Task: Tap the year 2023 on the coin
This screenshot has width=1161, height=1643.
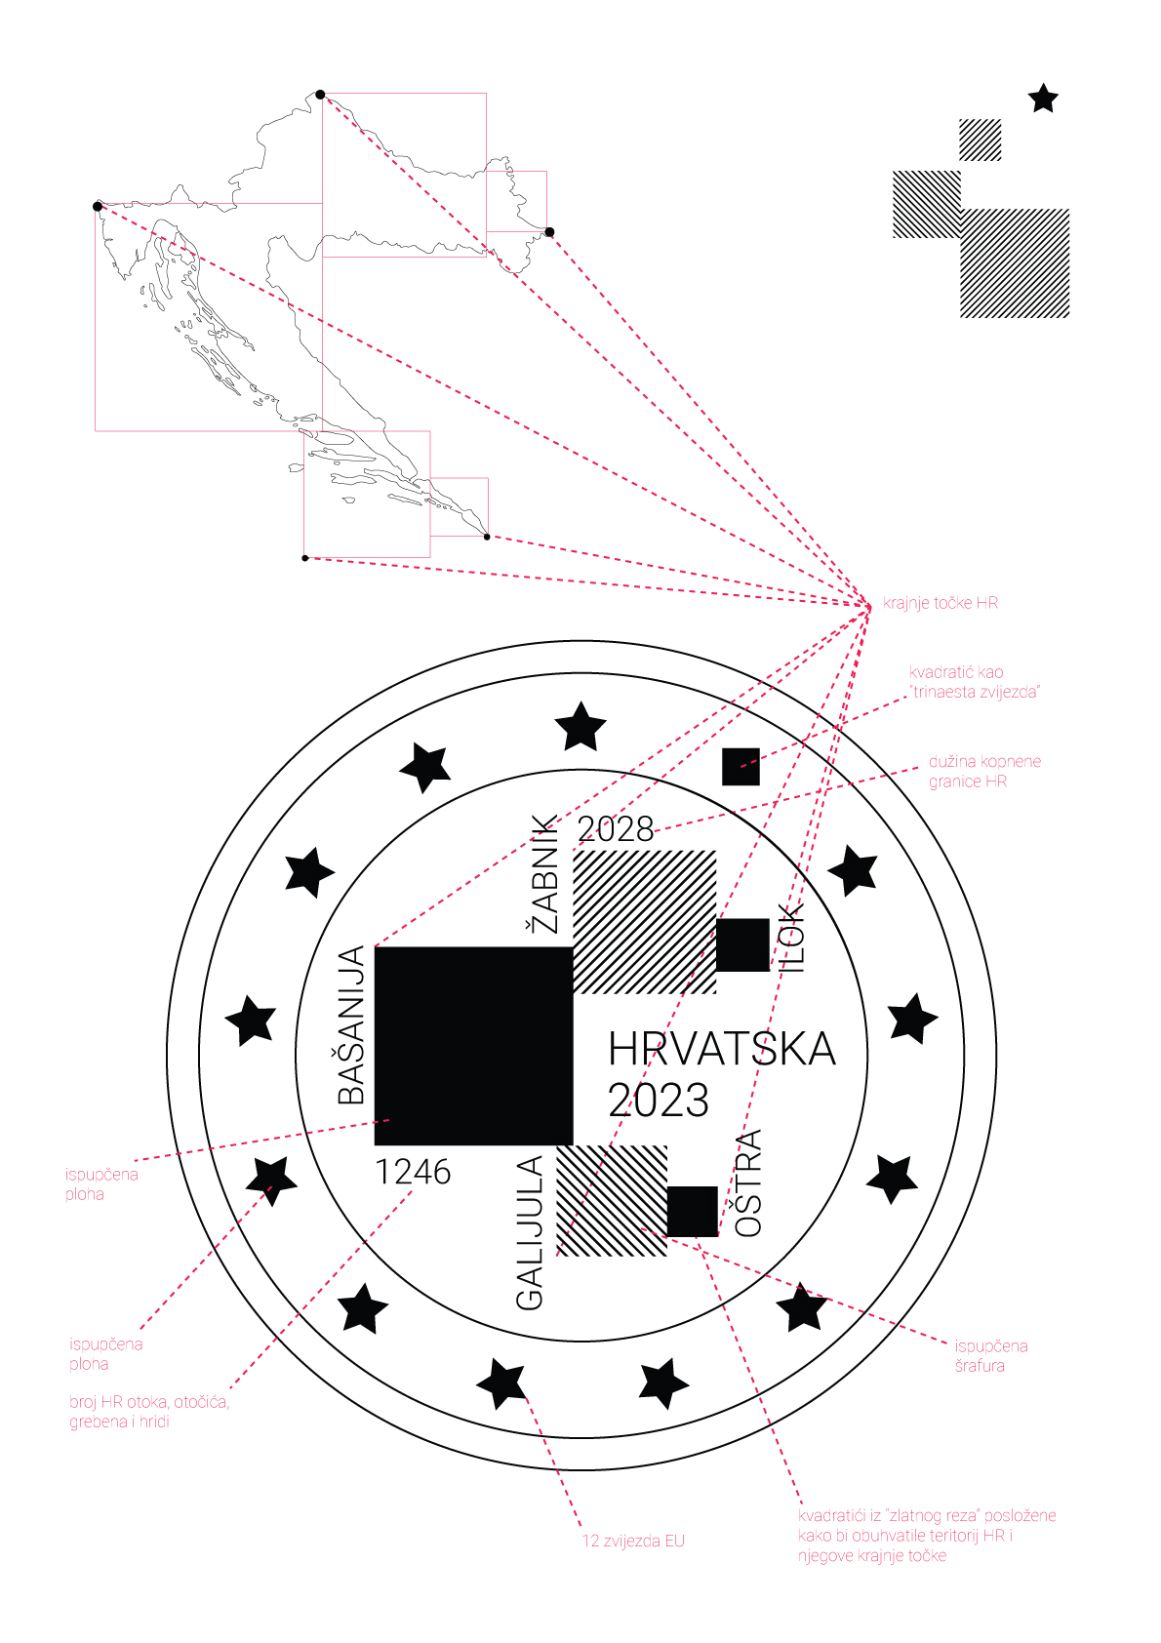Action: (659, 1101)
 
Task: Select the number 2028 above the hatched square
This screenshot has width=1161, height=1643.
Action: (616, 829)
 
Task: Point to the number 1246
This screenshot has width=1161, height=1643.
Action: (413, 1172)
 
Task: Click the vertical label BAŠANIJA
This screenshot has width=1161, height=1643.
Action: (351, 1025)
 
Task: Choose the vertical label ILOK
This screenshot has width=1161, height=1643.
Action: (790, 939)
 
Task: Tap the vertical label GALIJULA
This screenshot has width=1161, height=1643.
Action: (530, 1233)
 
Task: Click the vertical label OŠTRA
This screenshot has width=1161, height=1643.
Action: (749, 1183)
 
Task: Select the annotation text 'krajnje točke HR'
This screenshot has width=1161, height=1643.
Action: (941, 603)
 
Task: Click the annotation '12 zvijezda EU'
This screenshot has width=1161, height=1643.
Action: (633, 1542)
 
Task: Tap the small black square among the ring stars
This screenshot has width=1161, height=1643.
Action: (741, 767)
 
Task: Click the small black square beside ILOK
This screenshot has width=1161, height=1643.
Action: (743, 944)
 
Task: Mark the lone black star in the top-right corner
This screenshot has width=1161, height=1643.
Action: (1043, 99)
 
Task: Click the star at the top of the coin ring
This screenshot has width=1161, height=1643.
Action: (580, 726)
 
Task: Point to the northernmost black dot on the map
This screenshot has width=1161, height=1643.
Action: (321, 95)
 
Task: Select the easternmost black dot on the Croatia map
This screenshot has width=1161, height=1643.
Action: (549, 232)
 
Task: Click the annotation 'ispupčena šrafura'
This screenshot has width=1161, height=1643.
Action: (991, 1355)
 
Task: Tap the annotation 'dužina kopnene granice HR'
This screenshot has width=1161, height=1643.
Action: (985, 772)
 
